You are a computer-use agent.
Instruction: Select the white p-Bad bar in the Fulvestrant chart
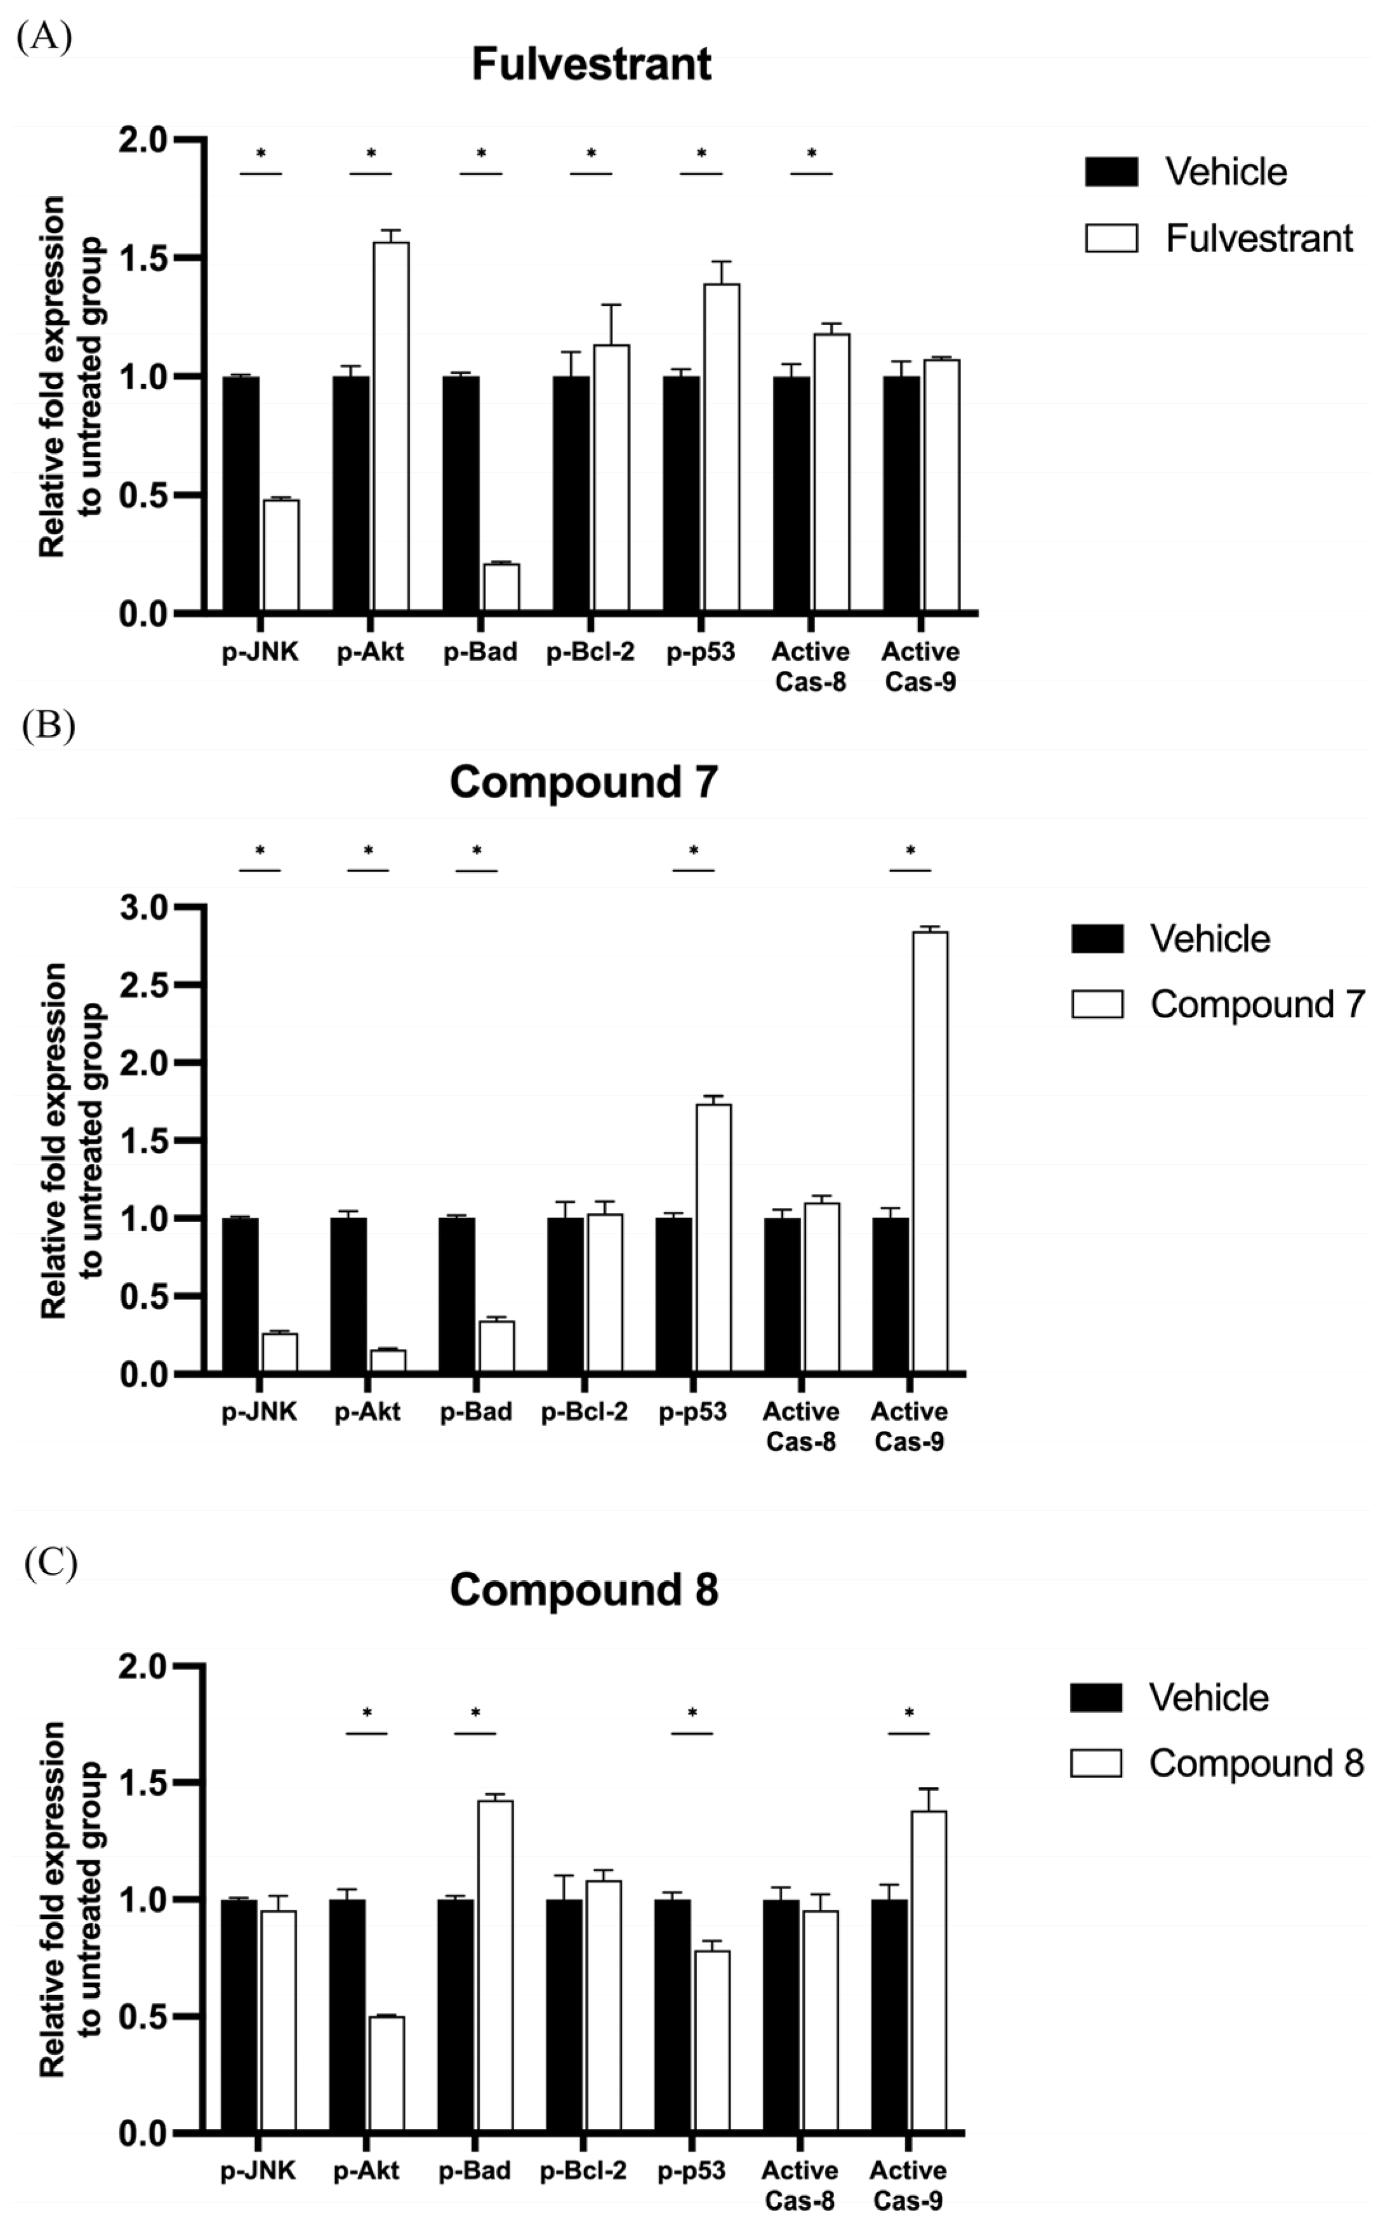point(501,587)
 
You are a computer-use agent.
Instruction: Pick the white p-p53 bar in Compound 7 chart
point(713,1237)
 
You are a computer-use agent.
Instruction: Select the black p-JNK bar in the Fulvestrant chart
point(241,494)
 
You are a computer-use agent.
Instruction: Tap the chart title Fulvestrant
point(591,65)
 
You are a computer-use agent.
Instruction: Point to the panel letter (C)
point(50,1562)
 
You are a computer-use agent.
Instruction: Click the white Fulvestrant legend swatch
point(1111,238)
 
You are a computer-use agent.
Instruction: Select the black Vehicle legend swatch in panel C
point(1096,1696)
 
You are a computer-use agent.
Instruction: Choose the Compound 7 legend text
point(1257,1005)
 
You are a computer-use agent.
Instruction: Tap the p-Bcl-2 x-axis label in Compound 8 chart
point(583,2170)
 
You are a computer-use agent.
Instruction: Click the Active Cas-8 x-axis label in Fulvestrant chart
point(811,666)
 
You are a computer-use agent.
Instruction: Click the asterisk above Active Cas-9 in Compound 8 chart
point(909,1713)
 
